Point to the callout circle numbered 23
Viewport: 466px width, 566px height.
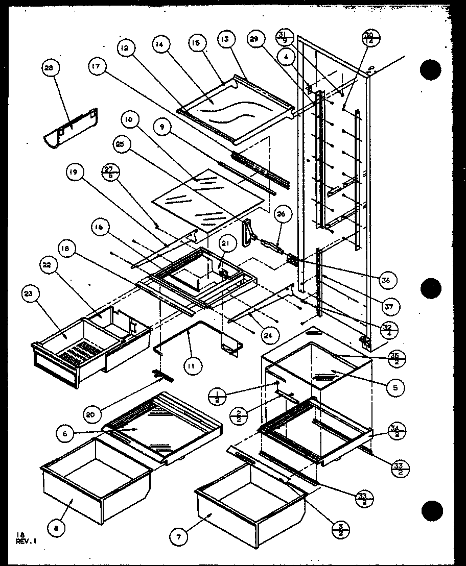pyautogui.click(x=29, y=293)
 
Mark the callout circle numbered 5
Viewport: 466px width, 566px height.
pyautogui.click(x=395, y=387)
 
